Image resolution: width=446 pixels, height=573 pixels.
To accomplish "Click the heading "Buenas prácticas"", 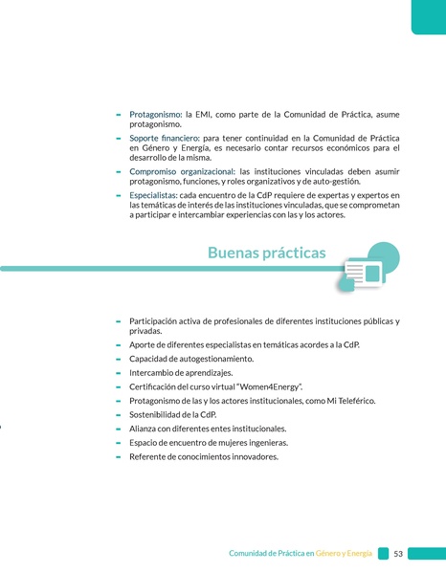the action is [x=266, y=253].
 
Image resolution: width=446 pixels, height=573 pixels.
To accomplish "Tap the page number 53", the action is [x=398, y=554].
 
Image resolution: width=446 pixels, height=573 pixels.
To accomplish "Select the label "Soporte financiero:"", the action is [x=165, y=139].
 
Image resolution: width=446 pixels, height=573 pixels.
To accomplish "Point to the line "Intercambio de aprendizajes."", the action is [x=180, y=372].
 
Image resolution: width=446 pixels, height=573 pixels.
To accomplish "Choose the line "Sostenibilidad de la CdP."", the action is [x=172, y=414].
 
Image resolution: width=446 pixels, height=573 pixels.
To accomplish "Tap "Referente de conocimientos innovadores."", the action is [x=203, y=456].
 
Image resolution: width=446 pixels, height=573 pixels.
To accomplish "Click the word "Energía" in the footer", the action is [x=359, y=554].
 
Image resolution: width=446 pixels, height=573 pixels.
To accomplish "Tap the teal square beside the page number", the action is [x=383, y=554].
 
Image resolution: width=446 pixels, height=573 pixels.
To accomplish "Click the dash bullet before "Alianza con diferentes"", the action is [x=118, y=429].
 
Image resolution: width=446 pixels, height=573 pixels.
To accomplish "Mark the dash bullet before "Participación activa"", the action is [x=118, y=320].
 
